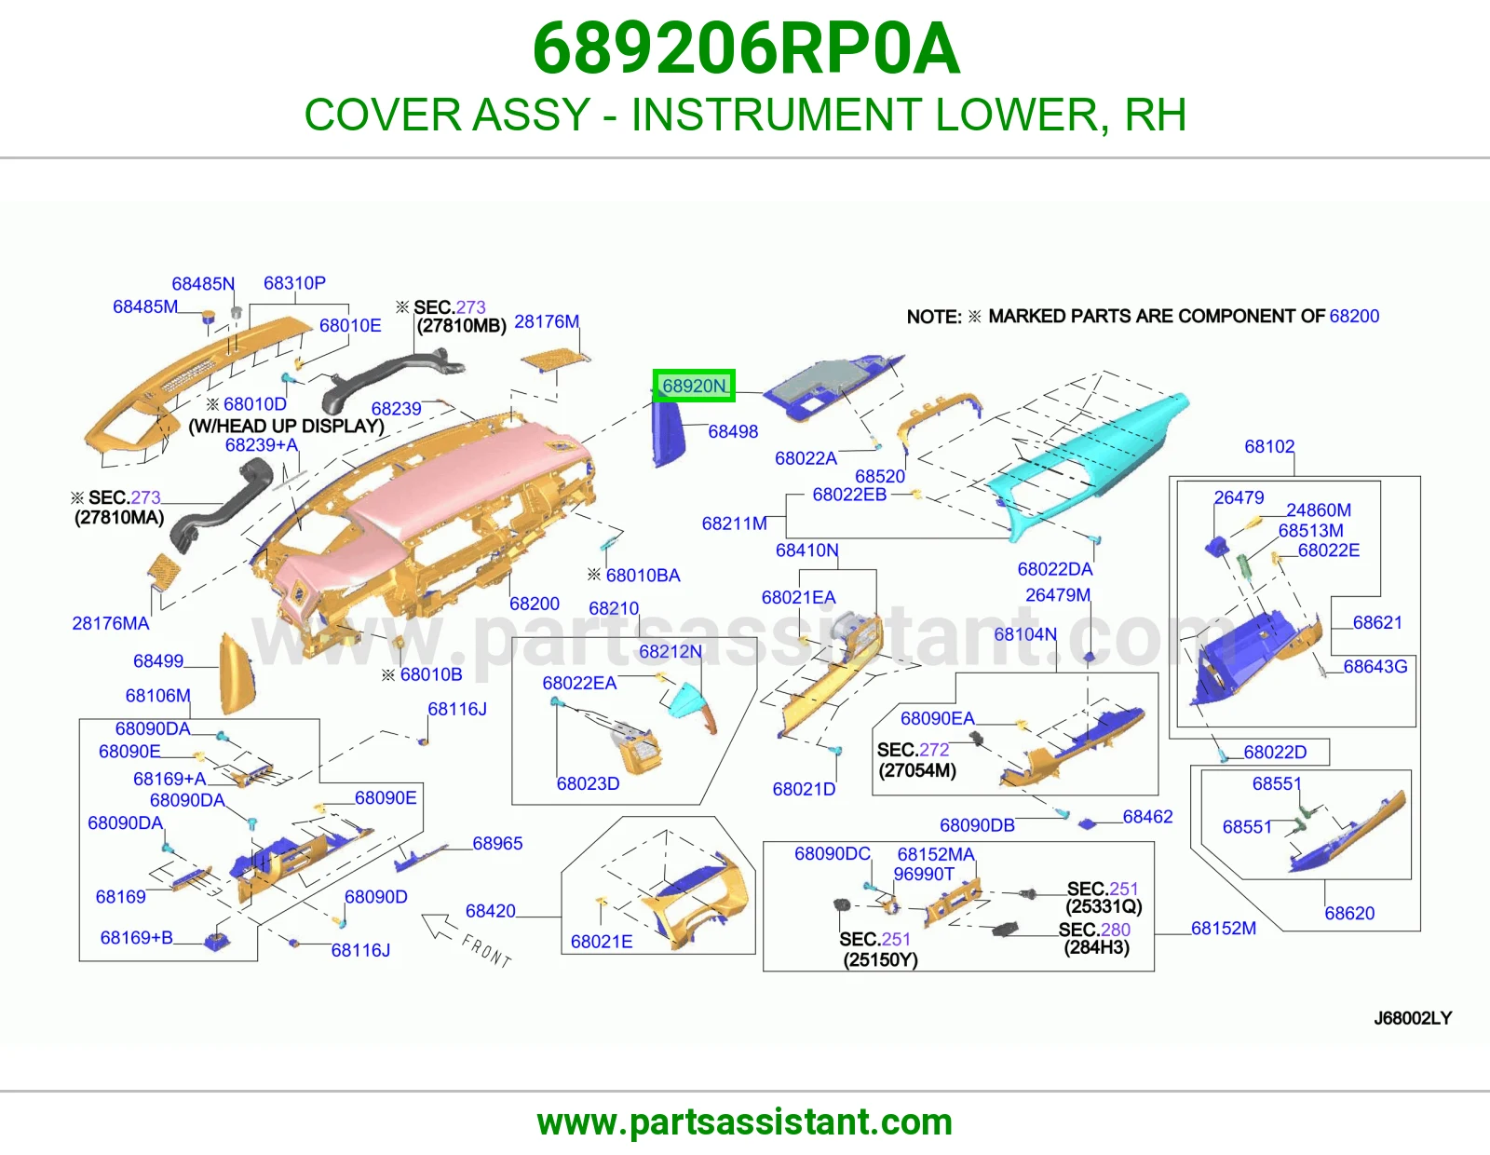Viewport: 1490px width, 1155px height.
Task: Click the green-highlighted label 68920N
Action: (693, 386)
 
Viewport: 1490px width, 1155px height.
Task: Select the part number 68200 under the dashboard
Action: (535, 604)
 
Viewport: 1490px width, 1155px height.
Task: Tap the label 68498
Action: (732, 431)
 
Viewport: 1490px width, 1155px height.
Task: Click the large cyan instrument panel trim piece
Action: (1090, 467)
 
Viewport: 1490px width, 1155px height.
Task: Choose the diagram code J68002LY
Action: (1413, 1018)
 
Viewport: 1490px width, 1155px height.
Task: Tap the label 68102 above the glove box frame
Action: (1269, 446)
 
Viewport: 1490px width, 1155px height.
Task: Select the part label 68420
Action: (490, 911)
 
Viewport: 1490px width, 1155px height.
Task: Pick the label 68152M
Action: (1224, 928)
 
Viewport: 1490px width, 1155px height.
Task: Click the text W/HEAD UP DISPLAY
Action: (287, 426)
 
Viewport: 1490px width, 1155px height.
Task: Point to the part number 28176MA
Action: (111, 623)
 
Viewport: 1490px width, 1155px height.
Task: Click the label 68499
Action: (157, 660)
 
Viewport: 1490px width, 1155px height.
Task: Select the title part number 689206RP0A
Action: (745, 48)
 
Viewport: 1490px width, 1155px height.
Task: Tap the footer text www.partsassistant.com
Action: (745, 1122)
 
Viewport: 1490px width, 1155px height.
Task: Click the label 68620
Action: (1349, 913)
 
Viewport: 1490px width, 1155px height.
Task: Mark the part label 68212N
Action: (670, 651)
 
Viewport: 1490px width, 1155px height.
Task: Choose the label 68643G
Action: (1375, 666)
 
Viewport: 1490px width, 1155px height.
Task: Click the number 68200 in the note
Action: (1354, 316)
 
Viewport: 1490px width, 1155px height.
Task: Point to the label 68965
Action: (497, 843)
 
